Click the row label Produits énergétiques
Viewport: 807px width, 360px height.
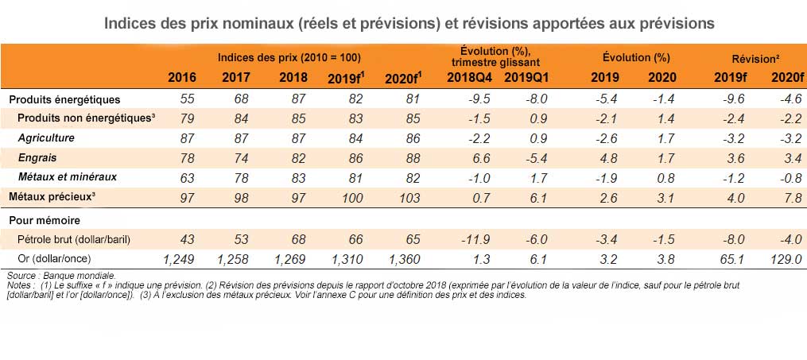64,99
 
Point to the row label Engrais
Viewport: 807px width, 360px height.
37,157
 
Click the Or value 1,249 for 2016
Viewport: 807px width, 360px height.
178,258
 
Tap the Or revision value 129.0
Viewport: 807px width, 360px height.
786,258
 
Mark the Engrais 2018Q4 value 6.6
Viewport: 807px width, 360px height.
477,157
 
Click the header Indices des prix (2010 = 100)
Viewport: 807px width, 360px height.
290,58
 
